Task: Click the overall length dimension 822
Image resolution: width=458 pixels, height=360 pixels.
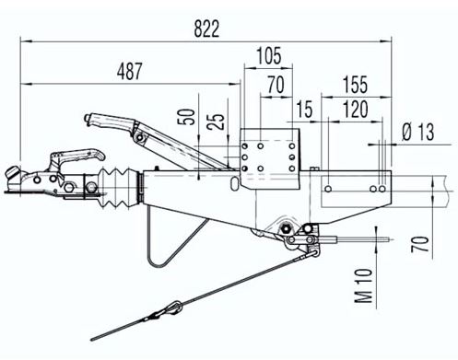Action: click(206, 29)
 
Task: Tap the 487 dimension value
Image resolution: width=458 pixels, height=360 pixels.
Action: click(129, 71)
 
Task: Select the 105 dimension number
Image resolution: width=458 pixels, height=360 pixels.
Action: click(269, 55)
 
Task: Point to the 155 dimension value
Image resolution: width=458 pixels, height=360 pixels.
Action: click(355, 85)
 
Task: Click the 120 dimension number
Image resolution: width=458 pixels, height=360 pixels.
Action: click(355, 109)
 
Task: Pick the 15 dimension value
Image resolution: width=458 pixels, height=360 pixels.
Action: click(304, 109)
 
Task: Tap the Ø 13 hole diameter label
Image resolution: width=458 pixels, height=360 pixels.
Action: click(418, 132)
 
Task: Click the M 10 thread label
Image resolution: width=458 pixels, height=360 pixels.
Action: click(364, 285)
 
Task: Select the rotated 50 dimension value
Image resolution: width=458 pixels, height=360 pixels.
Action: click(187, 117)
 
